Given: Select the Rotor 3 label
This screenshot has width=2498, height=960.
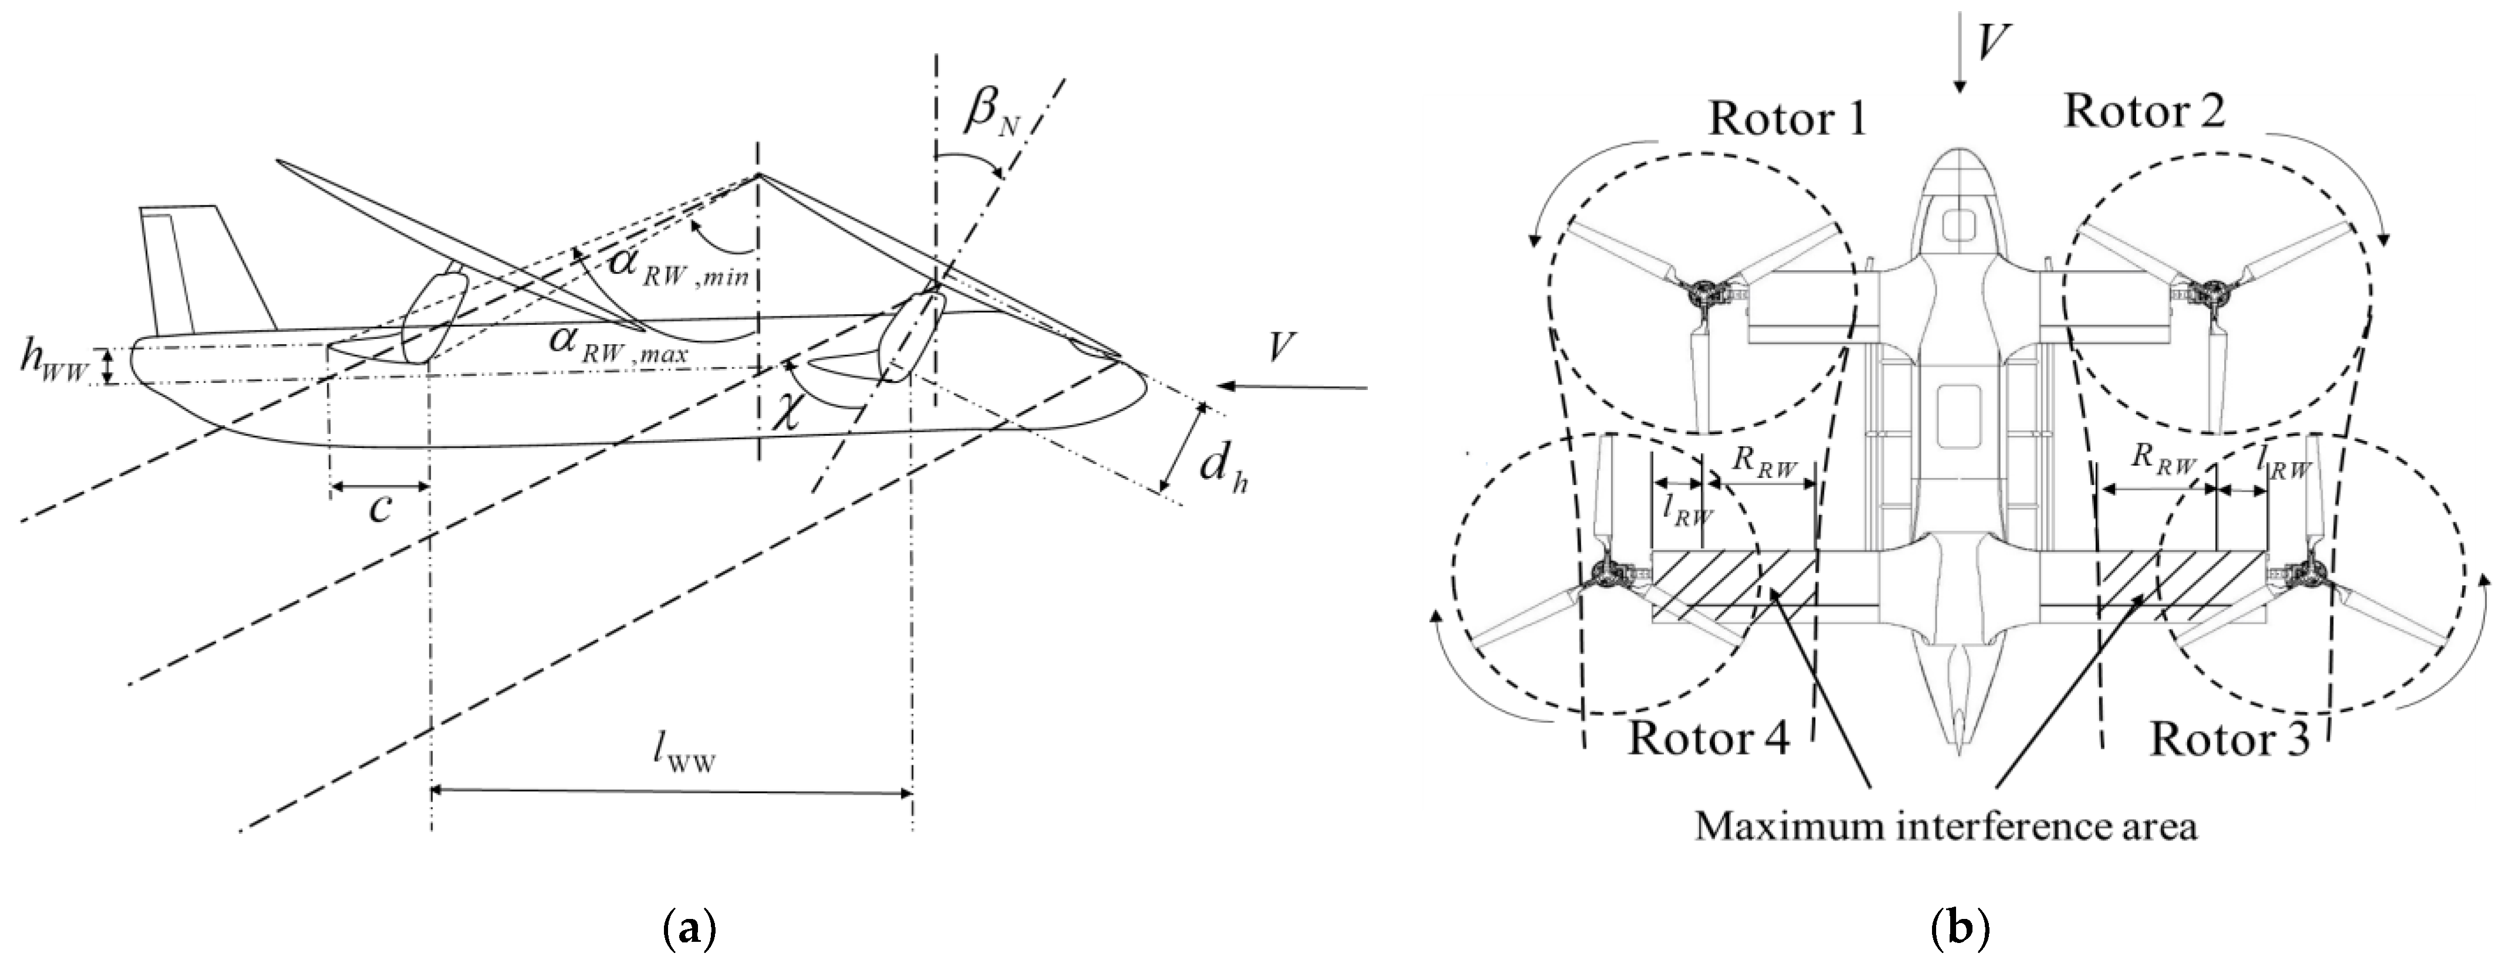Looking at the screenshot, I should pyautogui.click(x=2229, y=740).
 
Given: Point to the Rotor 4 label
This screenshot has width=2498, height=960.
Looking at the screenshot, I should pyautogui.click(x=1707, y=737).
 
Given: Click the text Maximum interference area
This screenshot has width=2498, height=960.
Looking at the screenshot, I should pyautogui.click(x=1945, y=827).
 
